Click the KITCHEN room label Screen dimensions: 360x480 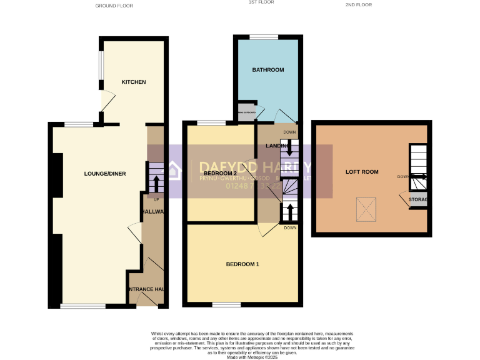(134, 82)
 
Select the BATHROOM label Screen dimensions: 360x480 (268, 70)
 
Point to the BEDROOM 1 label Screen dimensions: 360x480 (242, 264)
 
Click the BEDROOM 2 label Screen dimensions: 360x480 (219, 173)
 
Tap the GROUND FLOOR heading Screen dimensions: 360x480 (114, 6)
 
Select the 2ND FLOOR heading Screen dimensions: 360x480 (358, 5)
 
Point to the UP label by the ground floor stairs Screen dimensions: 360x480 (156, 199)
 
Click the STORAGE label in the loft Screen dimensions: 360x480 (417, 199)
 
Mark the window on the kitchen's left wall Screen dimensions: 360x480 (100, 64)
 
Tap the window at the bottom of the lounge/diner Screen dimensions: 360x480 (83, 306)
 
